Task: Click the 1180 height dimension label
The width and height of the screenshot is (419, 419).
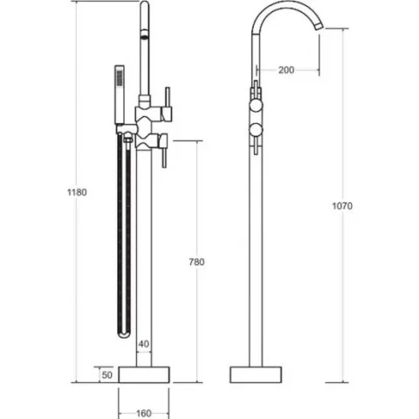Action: (77, 192)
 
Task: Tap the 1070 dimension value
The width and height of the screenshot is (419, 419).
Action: (342, 206)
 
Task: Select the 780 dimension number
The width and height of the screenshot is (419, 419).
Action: (196, 262)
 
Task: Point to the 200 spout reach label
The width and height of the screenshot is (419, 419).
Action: (286, 70)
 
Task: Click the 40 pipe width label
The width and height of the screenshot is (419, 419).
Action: (144, 344)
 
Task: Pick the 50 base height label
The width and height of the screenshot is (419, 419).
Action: (107, 375)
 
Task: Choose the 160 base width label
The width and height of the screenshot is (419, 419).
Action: (144, 413)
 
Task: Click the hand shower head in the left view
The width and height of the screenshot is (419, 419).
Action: (120, 94)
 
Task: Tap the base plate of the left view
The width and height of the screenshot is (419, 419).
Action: (144, 374)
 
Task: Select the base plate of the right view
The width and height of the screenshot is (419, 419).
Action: (256, 374)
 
